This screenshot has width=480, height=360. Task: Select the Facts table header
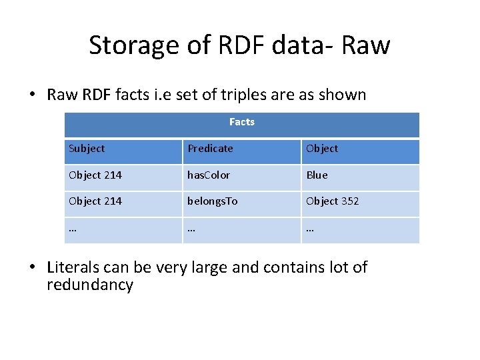click(242, 122)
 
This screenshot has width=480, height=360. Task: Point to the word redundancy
click(90, 285)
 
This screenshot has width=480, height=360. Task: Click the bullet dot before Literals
click(33, 268)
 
